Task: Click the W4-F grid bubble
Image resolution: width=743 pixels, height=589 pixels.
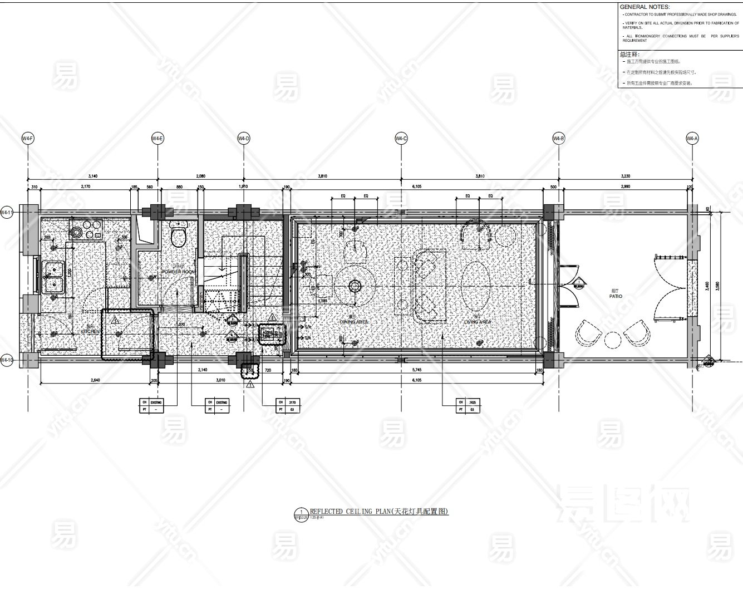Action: [27, 138]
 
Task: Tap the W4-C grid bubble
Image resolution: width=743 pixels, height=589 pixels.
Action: [401, 138]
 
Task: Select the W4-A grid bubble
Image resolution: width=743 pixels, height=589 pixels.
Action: [692, 138]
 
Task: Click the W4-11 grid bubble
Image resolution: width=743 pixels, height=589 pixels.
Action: [7, 212]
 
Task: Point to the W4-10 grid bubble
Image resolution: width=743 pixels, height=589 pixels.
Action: [7, 360]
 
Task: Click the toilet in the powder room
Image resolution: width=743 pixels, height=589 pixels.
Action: [179, 234]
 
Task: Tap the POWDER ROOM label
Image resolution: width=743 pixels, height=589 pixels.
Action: [178, 272]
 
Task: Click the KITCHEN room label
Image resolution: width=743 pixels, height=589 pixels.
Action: [90, 331]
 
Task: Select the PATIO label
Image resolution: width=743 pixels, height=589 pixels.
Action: [616, 296]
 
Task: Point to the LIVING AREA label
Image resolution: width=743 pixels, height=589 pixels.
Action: [478, 322]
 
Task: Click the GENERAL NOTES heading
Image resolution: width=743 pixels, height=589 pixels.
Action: [644, 7]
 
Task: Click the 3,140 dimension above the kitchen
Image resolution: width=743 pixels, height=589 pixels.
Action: [92, 176]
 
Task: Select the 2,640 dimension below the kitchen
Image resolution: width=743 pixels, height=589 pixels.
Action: [95, 380]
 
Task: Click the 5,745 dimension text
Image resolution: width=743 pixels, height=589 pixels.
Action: [416, 370]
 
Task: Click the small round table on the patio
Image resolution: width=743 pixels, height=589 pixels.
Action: [613, 339]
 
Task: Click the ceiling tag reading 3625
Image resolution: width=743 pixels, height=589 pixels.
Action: [472, 401]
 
